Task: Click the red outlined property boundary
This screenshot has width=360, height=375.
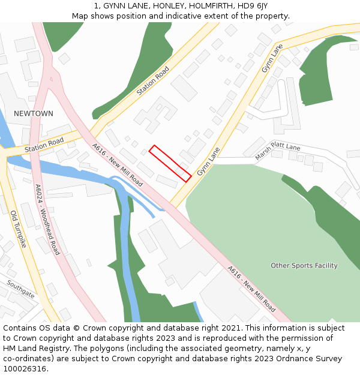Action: coord(170,163)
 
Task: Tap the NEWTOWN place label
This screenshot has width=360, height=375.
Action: coord(34,113)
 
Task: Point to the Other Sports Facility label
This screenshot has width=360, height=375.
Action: coord(304,265)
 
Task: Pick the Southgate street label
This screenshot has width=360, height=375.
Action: coord(21,289)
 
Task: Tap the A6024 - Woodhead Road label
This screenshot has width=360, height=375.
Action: coord(47,219)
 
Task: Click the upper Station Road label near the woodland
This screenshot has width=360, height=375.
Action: coord(152,81)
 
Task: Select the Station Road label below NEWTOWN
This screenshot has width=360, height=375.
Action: coord(44,145)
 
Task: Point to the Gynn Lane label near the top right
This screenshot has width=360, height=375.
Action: coord(272,59)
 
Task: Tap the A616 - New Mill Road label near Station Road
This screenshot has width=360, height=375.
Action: coord(118,164)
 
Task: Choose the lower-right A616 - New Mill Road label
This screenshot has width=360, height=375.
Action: coord(252,289)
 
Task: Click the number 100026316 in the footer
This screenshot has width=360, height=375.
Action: coord(26,368)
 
